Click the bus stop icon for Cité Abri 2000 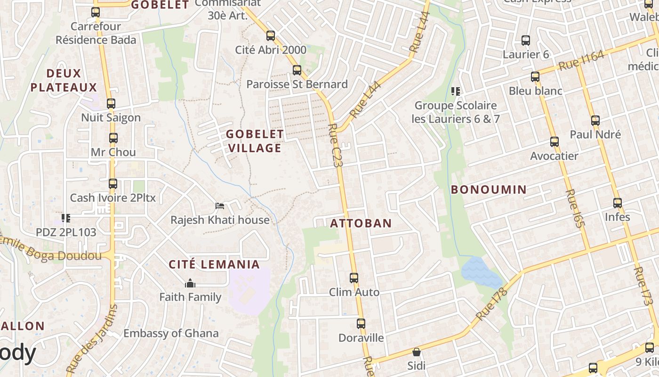click(x=270, y=35)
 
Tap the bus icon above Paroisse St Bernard click(x=297, y=70)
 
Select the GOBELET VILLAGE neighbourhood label click(x=255, y=141)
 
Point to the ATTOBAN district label click(x=361, y=223)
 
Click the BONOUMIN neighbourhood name click(x=489, y=189)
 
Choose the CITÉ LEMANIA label click(x=214, y=264)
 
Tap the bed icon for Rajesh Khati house click(x=220, y=205)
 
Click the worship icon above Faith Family click(x=190, y=283)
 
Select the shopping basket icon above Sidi click(x=416, y=352)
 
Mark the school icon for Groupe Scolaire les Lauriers click(x=455, y=91)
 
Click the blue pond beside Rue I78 click(x=480, y=272)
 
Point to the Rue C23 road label click(x=336, y=145)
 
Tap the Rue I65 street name click(x=575, y=208)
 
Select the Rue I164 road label click(x=581, y=61)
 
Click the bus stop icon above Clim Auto click(x=354, y=278)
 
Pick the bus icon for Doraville click(x=361, y=324)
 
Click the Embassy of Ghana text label click(x=171, y=333)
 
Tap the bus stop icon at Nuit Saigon click(x=111, y=104)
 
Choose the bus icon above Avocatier click(x=554, y=141)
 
